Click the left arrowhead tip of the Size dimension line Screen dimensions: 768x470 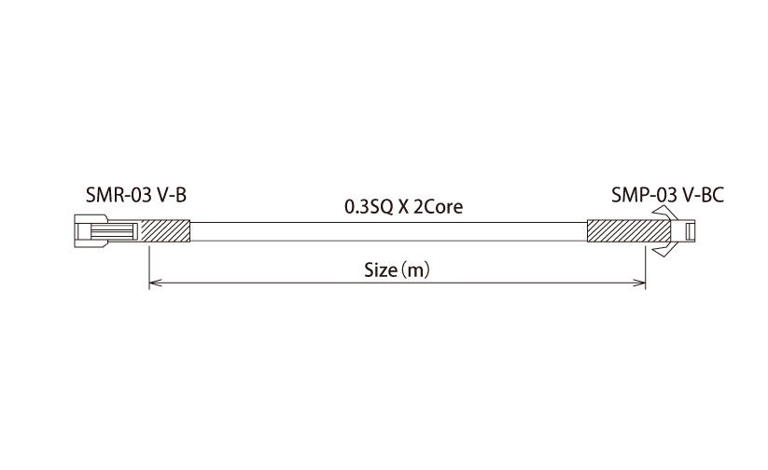149,283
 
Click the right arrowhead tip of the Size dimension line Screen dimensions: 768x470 646,283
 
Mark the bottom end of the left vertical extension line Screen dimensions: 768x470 149,289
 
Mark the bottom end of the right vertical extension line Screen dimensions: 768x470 646,289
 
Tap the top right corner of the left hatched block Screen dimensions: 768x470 189,221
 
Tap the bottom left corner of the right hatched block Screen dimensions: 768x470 587,242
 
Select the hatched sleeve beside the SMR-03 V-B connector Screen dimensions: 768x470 165,231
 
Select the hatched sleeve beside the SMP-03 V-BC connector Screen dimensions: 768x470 629,231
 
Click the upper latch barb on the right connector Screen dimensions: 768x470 664,214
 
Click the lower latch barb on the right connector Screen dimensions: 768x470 664,249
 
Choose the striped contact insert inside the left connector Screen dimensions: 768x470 112,231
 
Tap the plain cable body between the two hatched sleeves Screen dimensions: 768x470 388,231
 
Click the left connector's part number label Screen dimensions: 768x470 136,195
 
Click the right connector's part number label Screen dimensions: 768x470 667,195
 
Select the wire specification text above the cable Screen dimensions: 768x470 403,207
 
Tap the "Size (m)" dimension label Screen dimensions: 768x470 397,270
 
